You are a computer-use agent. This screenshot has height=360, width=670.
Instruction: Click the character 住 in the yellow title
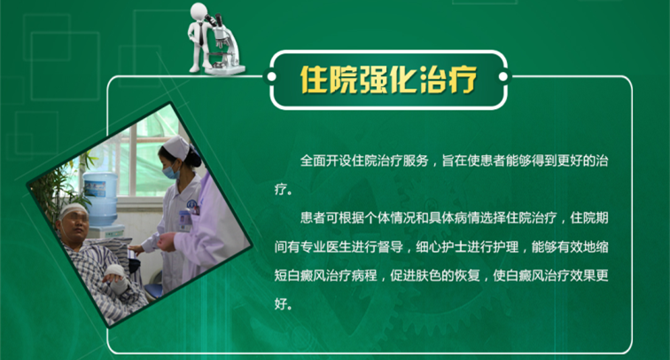click(x=314, y=80)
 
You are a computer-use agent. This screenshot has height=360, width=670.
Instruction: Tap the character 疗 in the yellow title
click(x=463, y=80)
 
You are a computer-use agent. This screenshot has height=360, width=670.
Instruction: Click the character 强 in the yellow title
click(x=373, y=80)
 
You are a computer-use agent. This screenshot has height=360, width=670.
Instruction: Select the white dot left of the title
click(x=271, y=77)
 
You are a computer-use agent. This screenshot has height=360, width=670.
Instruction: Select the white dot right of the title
click(x=502, y=77)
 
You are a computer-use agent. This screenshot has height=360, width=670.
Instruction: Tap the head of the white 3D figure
click(x=199, y=12)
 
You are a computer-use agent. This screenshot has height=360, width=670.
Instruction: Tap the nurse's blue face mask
click(x=172, y=172)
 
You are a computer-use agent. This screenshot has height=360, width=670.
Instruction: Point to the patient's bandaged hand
click(x=117, y=278)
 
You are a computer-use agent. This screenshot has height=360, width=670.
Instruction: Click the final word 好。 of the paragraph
click(x=284, y=304)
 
